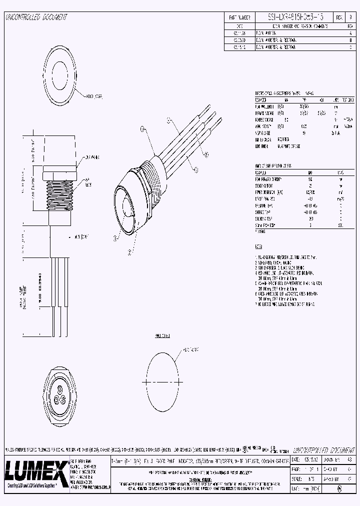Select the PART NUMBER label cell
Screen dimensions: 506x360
tap(239, 17)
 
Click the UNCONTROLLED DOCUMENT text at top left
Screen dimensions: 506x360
tap(36, 17)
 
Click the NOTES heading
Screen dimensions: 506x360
tap(258, 246)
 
